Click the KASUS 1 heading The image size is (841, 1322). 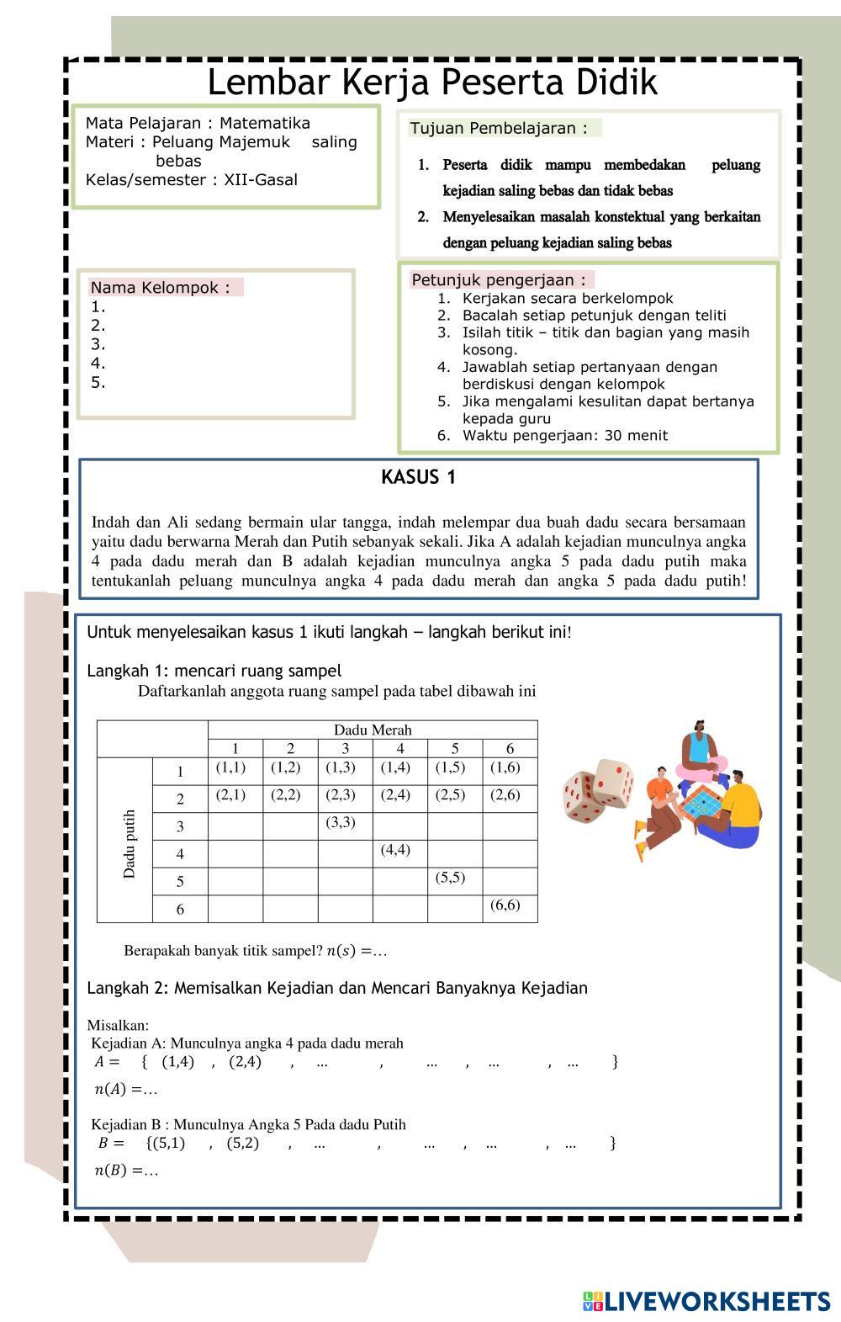(418, 478)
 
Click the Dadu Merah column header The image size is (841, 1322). (373, 730)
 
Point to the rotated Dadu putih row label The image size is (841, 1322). (129, 844)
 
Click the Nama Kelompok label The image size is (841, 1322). (160, 288)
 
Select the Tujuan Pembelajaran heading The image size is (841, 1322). (499, 129)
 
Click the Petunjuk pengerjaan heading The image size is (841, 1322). (499, 280)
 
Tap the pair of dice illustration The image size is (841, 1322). (596, 790)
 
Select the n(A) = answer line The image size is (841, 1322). (126, 1090)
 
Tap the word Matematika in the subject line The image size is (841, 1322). (265, 124)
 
